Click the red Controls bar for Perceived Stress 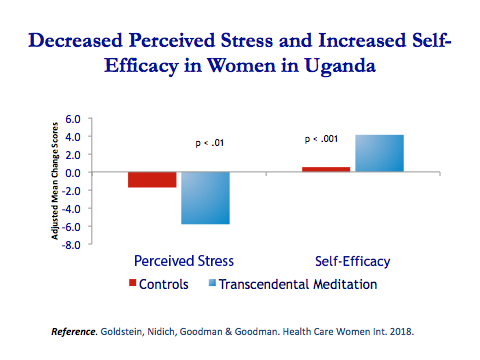pos(152,180)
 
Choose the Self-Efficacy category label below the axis pos(351,262)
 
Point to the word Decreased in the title pos(75,43)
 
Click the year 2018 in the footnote pos(400,330)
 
